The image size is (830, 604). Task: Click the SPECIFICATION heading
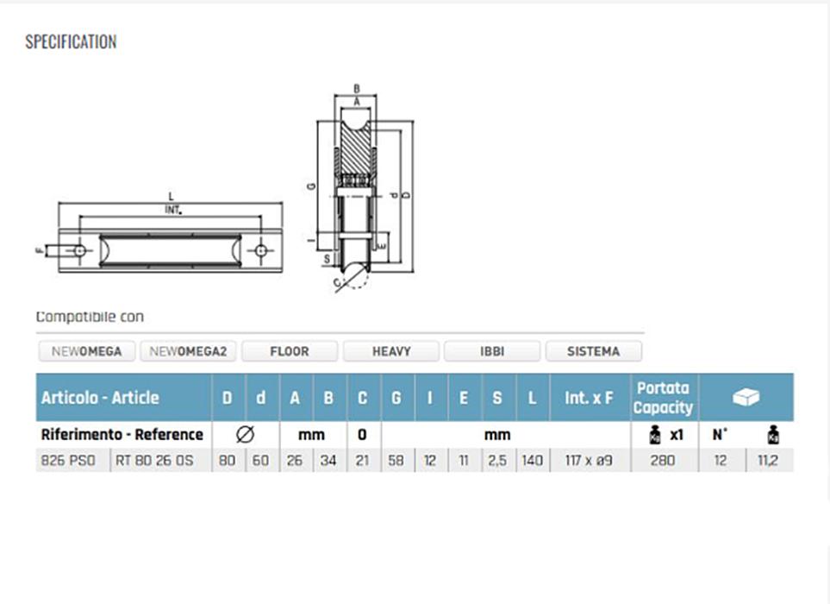click(71, 41)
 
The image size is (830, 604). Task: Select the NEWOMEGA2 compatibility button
click(188, 351)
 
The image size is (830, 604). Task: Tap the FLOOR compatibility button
click(289, 351)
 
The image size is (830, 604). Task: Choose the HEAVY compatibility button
click(391, 351)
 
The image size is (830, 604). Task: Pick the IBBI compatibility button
click(492, 351)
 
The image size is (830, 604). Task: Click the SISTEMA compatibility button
click(593, 351)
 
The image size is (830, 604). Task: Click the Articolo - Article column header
click(100, 398)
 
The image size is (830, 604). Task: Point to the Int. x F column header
click(590, 398)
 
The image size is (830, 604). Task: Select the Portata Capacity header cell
click(663, 398)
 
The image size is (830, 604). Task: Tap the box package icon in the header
click(746, 397)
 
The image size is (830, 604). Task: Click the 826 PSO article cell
click(73, 461)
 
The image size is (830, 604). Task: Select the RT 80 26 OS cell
click(155, 461)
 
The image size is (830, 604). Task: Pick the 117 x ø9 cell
click(590, 461)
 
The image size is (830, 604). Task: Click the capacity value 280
click(664, 461)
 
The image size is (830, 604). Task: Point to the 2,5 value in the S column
click(497, 461)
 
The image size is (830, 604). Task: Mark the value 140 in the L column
click(533, 461)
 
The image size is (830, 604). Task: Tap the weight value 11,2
click(768, 461)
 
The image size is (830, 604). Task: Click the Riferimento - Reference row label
click(122, 434)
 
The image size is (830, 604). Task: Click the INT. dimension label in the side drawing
click(173, 210)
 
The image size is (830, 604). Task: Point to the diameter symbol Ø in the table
click(245, 434)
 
